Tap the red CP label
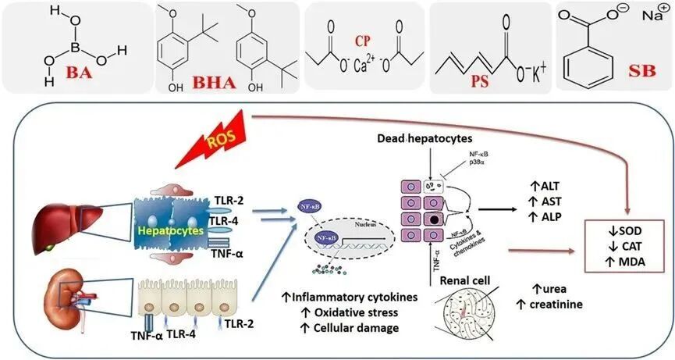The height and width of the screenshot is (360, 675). coord(343,41)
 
